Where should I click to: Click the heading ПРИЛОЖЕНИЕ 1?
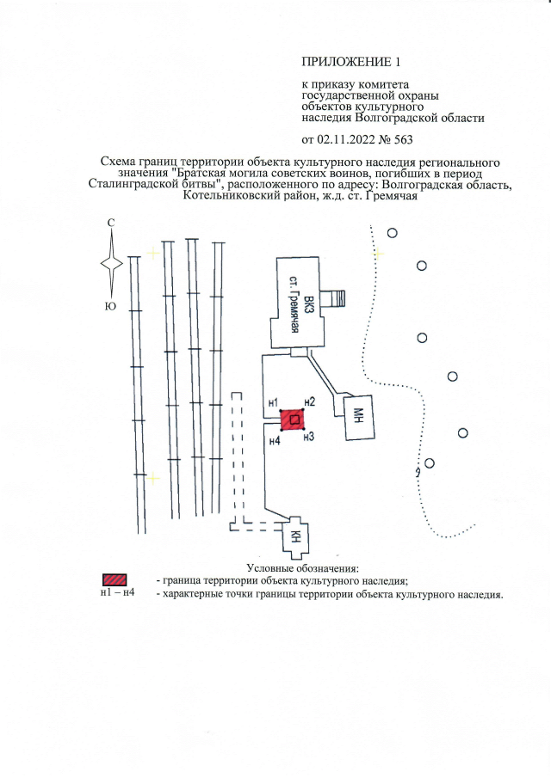click(x=350, y=62)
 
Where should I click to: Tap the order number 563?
click(x=403, y=139)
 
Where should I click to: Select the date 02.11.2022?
click(x=346, y=139)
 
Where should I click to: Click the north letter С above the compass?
click(x=111, y=224)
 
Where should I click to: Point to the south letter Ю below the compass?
click(x=110, y=307)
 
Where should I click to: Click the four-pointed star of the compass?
click(x=111, y=263)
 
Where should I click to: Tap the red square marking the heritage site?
click(x=293, y=420)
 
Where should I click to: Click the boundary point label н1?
click(x=273, y=402)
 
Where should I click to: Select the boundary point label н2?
click(x=310, y=402)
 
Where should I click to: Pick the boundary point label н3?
click(x=310, y=437)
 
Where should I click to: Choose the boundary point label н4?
click(x=275, y=440)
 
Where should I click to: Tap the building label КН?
click(x=294, y=537)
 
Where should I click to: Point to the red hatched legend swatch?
click(x=115, y=579)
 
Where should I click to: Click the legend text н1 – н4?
click(x=117, y=592)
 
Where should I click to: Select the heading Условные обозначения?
click(x=302, y=568)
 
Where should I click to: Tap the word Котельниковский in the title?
click(x=222, y=195)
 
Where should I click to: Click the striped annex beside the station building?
click(x=333, y=298)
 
